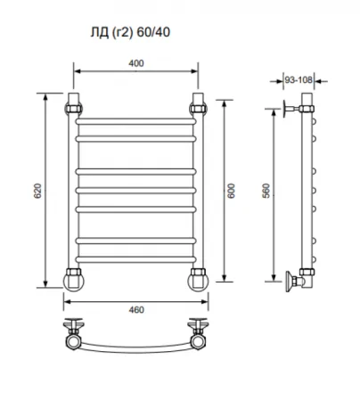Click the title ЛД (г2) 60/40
tap(130, 32)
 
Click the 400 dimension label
tap(136, 63)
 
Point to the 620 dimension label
tap(37, 191)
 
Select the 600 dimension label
tap(231, 191)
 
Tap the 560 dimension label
tap(266, 191)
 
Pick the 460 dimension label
tap(136, 310)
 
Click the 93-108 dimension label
tap(299, 80)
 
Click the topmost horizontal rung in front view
tap(135, 121)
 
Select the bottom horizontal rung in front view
tap(135, 259)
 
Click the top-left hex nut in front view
tap(74, 109)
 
